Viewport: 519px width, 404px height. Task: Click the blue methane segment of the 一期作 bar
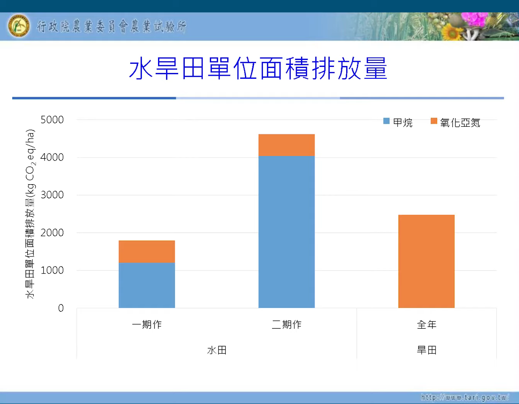(146, 285)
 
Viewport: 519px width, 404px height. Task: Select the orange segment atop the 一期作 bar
(146, 251)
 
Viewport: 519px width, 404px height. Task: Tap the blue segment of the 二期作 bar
(286, 232)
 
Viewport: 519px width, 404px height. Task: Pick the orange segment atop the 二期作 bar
(286, 145)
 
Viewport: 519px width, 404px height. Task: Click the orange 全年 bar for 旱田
(426, 261)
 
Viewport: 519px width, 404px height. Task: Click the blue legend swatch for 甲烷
(386, 121)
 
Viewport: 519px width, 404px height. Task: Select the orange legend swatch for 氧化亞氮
(434, 121)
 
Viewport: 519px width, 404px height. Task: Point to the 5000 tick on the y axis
(52, 120)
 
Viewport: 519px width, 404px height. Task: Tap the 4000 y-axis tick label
(52, 157)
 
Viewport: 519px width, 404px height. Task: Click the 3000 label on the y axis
(52, 195)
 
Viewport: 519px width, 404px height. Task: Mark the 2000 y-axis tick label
(52, 233)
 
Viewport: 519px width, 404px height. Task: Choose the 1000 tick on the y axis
(52, 270)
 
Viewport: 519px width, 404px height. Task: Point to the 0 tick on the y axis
(61, 308)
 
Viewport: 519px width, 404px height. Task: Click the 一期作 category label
(146, 324)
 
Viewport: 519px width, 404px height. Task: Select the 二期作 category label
(286, 324)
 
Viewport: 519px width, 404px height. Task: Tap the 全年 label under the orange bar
(427, 324)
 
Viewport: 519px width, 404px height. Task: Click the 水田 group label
(217, 350)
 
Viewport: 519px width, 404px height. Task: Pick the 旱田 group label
(427, 350)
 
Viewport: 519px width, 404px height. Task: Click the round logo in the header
(19, 26)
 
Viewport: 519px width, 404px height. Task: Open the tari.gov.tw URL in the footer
(465, 397)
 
